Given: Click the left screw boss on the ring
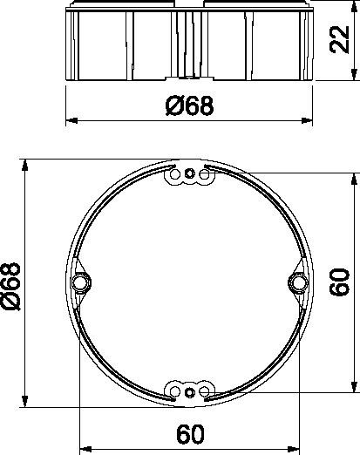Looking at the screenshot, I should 80,283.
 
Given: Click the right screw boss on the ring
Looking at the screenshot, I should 298,283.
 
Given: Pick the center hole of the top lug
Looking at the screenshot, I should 189,175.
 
